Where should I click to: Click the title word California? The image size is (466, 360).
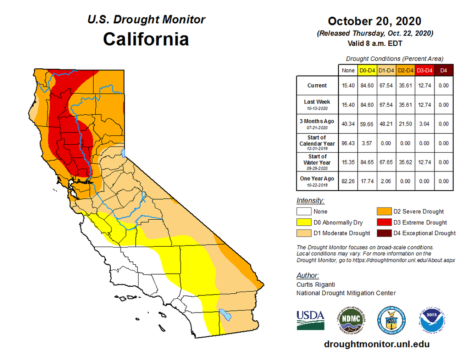[x=146, y=39]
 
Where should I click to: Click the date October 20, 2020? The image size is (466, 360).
[x=374, y=21]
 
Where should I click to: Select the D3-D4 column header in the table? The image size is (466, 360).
[x=425, y=70]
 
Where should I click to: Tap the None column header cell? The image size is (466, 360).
[x=348, y=70]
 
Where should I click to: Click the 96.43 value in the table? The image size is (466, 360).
[x=348, y=143]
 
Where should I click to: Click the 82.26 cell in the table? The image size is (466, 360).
[x=348, y=181]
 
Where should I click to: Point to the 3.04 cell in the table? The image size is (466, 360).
[x=425, y=124]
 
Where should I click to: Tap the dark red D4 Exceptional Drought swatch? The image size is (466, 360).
[x=384, y=233]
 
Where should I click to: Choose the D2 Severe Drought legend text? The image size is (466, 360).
[x=418, y=211]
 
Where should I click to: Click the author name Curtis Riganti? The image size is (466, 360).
[x=313, y=284]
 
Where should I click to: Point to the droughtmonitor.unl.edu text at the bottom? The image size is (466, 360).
[x=376, y=344]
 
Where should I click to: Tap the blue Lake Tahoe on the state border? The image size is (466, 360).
[x=124, y=153]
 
